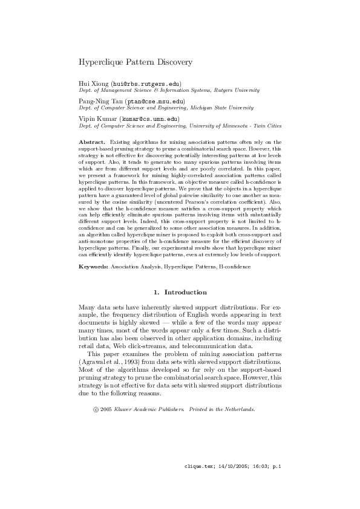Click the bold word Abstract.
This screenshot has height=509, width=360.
93,141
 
